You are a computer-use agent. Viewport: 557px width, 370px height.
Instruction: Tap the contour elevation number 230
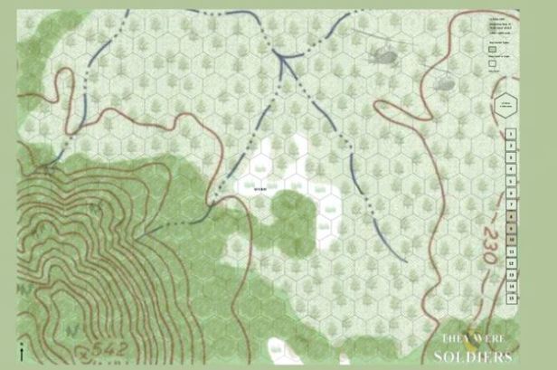(x=489, y=245)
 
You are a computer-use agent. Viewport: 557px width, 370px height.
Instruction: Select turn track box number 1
(x=511, y=133)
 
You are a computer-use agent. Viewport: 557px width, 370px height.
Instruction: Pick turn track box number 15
(x=511, y=298)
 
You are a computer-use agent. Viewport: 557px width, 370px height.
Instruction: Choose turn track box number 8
(x=511, y=215)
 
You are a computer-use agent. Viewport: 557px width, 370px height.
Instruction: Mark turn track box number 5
(x=511, y=180)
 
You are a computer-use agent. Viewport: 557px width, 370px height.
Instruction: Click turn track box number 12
(x=511, y=262)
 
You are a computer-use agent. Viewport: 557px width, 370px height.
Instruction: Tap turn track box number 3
(x=511, y=157)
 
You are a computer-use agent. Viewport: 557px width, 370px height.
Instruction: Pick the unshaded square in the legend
(x=494, y=64)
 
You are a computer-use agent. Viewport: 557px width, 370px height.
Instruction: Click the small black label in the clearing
(x=260, y=189)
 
